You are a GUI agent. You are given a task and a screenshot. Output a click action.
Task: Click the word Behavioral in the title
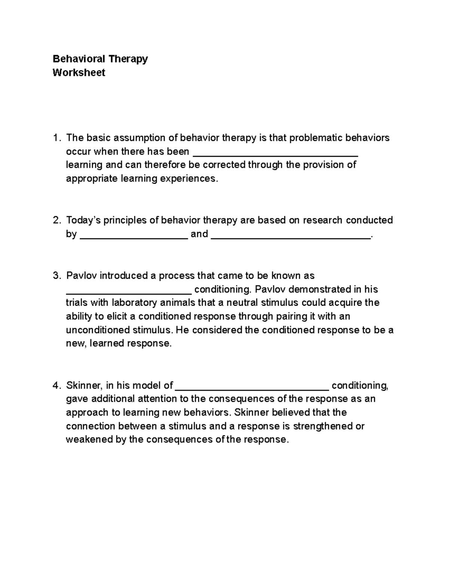coord(79,59)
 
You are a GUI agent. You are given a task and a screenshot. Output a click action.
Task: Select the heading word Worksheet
coord(79,73)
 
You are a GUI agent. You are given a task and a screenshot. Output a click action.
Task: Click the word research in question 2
coord(323,220)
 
